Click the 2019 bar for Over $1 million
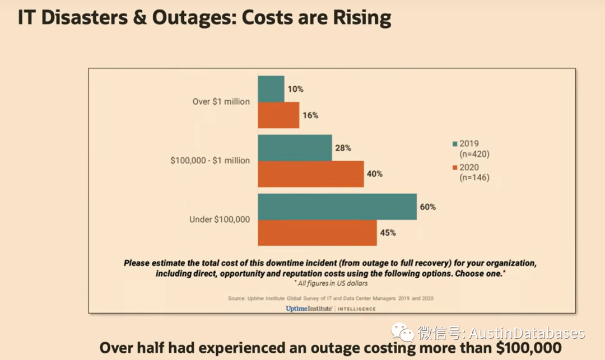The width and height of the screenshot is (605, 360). tap(271, 89)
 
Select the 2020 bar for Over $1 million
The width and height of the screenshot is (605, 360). tap(278, 115)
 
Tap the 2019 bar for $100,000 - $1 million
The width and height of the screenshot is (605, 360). tap(295, 148)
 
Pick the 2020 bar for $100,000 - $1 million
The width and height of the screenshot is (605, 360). tap(311, 174)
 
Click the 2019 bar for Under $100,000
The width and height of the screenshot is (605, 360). tap(337, 207)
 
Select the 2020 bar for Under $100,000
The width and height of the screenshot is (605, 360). tap(317, 232)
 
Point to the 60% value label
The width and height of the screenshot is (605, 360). tap(427, 207)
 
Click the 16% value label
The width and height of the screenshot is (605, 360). tap(310, 115)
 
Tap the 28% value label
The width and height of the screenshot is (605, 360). tap(343, 148)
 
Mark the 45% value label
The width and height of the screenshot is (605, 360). tap(388, 232)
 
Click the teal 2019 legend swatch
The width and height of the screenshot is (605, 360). tap(455, 143)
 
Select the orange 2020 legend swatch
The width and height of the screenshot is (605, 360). tap(455, 167)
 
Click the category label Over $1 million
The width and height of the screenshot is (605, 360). tap(221, 102)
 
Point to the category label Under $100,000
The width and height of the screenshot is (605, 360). tap(220, 219)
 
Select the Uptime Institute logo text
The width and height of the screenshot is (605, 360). tap(309, 308)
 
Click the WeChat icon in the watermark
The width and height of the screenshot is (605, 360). tap(402, 333)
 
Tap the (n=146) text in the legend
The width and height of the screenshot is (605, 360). tap(474, 177)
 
